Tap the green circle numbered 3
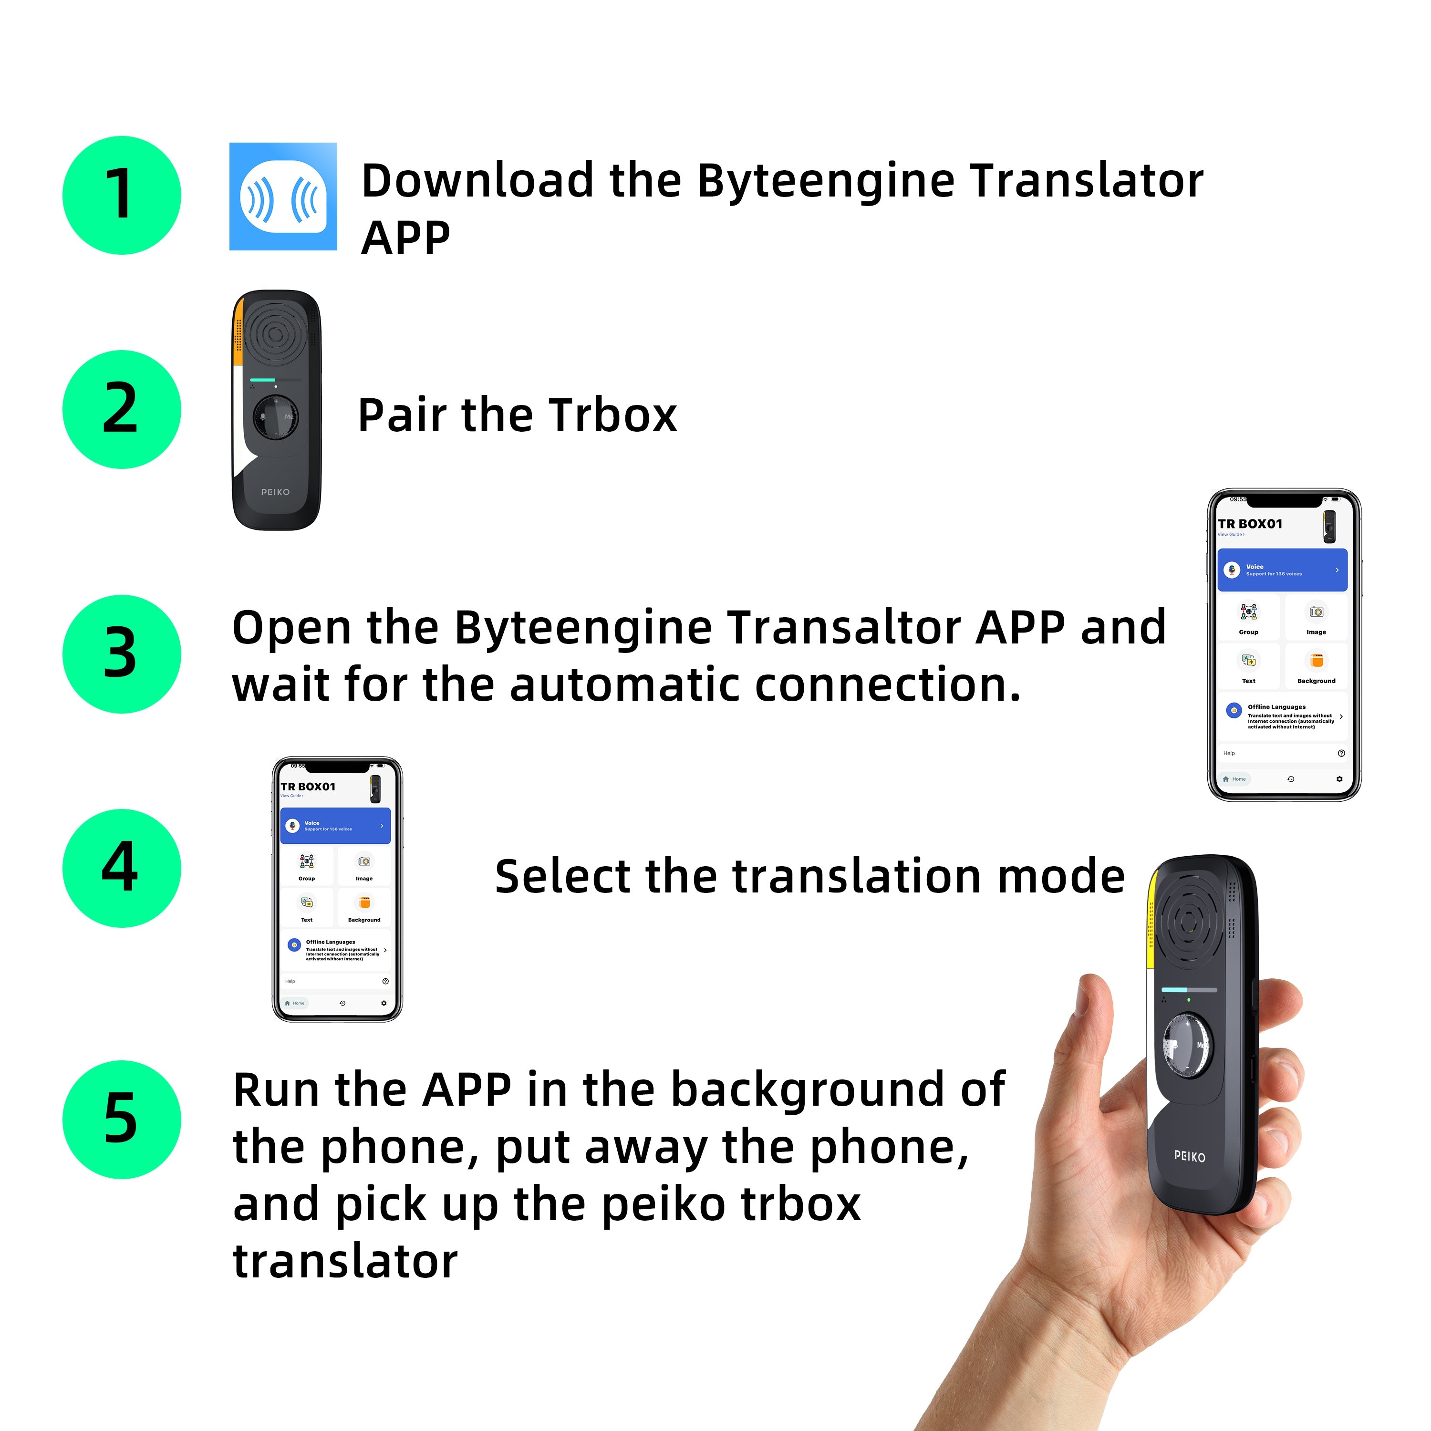tap(122, 653)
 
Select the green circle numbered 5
tap(122, 1119)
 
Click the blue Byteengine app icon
tap(283, 196)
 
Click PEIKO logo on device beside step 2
tap(276, 492)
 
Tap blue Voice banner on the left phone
tap(335, 825)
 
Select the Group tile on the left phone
tap(307, 866)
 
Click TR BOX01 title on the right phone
tap(1250, 524)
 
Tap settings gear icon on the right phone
tap(1339, 779)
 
